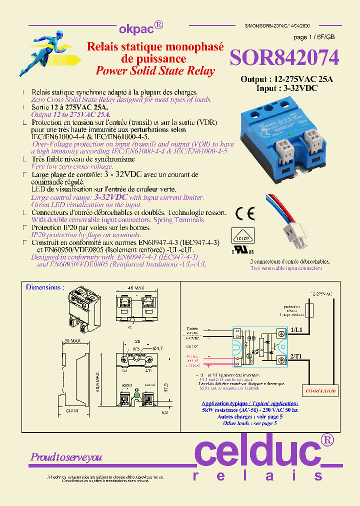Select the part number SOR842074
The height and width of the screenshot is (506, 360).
click(x=284, y=58)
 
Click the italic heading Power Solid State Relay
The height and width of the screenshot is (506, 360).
click(x=155, y=70)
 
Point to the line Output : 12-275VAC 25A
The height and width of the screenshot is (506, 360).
click(x=286, y=79)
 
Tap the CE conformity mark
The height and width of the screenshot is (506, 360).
click(x=245, y=214)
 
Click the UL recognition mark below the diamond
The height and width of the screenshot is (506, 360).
click(x=243, y=249)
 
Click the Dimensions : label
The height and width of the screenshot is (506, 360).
click(x=45, y=287)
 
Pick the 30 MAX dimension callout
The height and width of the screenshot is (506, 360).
click(x=73, y=340)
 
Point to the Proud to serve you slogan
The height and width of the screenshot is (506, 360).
click(x=66, y=457)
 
